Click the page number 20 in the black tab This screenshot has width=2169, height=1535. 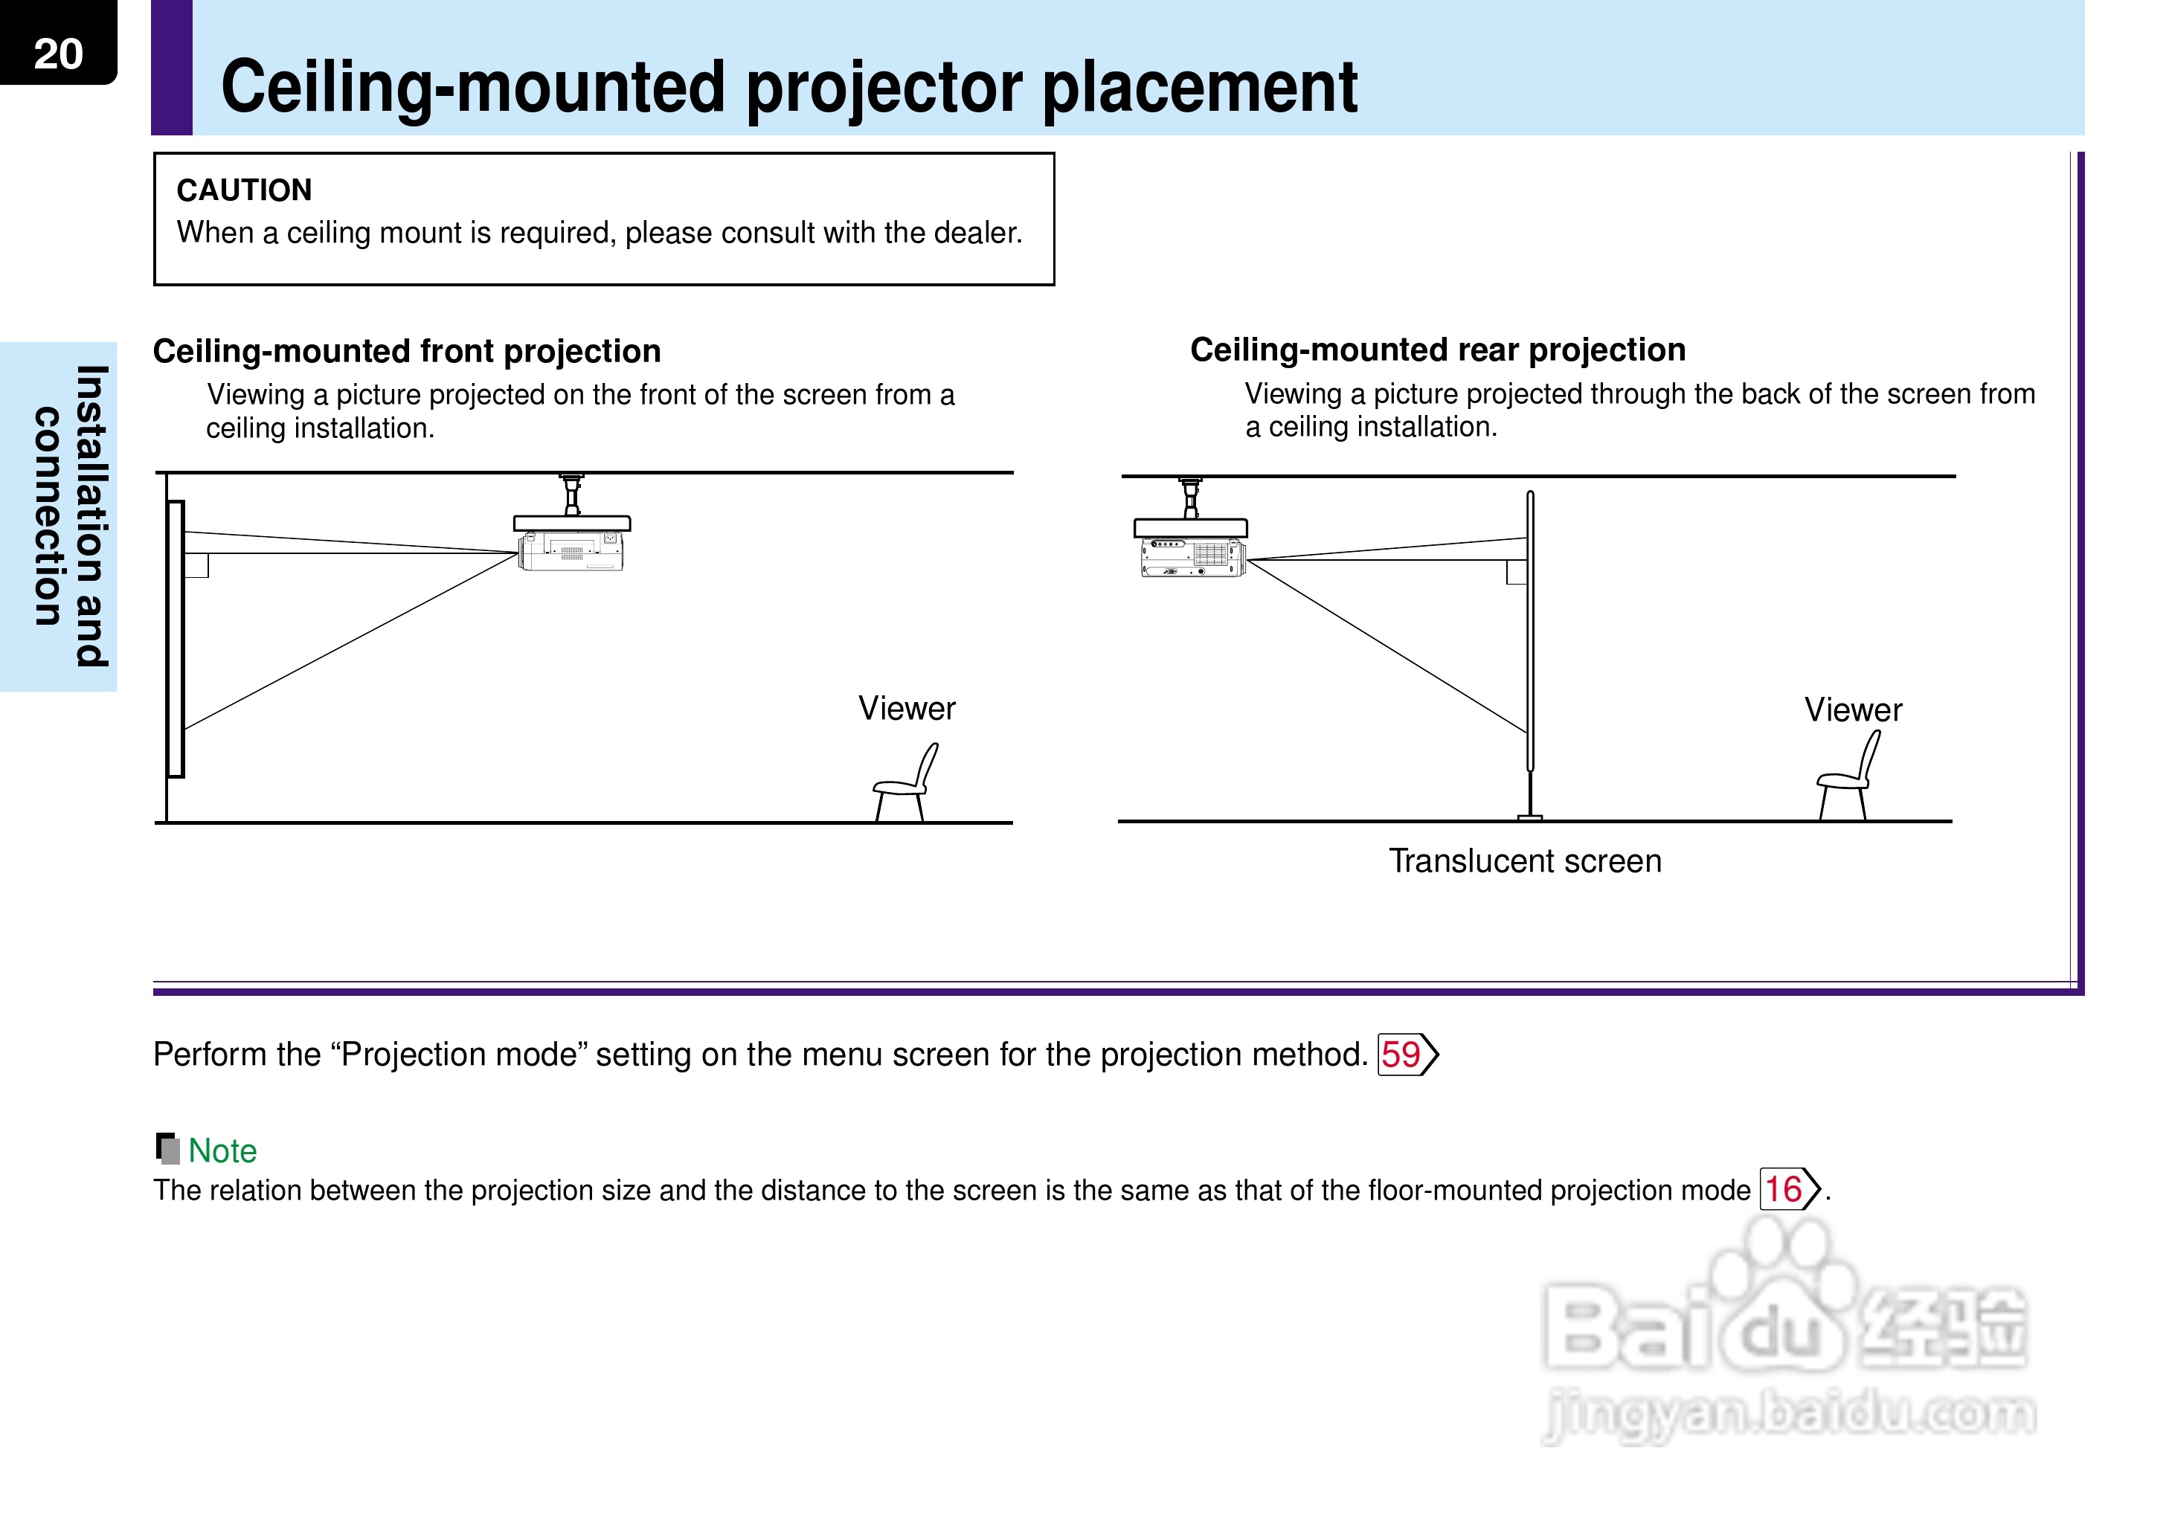pos(58,54)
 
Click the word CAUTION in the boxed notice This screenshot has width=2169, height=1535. pos(244,190)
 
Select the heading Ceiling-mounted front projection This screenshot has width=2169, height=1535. pos(406,351)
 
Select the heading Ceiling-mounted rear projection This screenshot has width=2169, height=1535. pos(1436,350)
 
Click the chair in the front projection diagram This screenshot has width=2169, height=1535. pos(905,784)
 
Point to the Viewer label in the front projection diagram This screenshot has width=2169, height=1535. pos(906,708)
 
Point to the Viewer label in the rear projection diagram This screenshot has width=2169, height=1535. pos(1852,709)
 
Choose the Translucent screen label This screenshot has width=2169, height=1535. pos(1524,861)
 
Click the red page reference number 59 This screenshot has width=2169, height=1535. pos(1401,1054)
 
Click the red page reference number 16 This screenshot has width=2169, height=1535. pos(1784,1189)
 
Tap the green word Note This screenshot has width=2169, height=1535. pos(222,1151)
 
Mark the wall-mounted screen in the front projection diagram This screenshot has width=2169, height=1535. pos(176,638)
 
